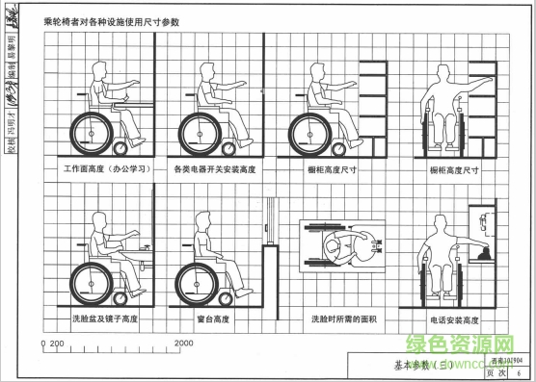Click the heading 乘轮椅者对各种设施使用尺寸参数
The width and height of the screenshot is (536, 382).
coord(114,20)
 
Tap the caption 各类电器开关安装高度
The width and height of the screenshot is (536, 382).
coord(214,170)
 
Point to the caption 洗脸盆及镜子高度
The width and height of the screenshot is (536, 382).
coord(105,318)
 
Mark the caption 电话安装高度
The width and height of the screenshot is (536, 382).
coord(451,318)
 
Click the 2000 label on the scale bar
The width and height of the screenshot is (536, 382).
coord(184,343)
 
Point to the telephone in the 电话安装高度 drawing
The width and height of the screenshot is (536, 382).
coord(481,252)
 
